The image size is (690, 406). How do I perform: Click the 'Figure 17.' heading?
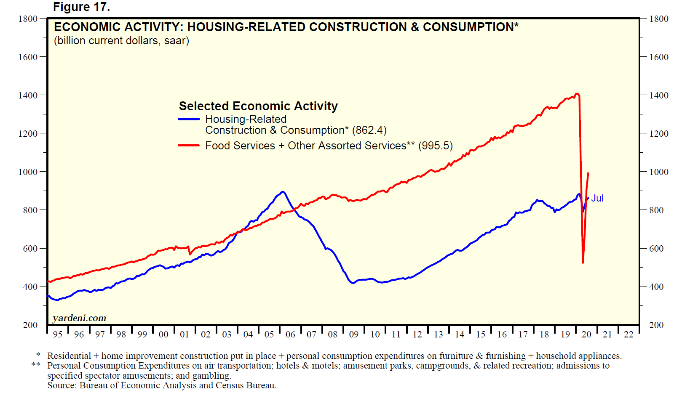[x=81, y=7]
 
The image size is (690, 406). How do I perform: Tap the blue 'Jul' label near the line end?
[x=597, y=198]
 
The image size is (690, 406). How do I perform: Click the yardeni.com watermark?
[x=79, y=318]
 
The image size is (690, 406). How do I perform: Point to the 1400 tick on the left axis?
[x=28, y=96]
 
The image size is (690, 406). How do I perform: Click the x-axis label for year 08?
[x=333, y=334]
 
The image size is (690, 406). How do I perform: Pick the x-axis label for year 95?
[x=58, y=334]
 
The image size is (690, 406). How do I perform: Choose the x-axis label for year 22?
[x=628, y=334]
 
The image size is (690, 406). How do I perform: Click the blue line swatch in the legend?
[x=189, y=119]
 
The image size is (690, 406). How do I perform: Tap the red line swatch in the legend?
[x=189, y=146]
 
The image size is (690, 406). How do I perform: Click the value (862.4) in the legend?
[x=369, y=130]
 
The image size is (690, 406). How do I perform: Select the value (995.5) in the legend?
[x=436, y=146]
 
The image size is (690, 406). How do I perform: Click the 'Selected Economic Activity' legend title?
[x=258, y=106]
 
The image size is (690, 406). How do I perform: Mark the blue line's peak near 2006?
[x=283, y=192]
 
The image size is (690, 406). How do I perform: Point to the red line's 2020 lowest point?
[x=583, y=263]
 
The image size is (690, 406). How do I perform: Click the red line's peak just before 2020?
[x=577, y=94]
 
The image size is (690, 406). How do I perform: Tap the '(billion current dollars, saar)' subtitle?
[x=121, y=41]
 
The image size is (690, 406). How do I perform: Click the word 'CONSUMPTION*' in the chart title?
[x=471, y=27]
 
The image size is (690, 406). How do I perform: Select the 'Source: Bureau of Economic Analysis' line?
[x=162, y=385]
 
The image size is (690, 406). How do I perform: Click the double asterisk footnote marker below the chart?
[x=36, y=365]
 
